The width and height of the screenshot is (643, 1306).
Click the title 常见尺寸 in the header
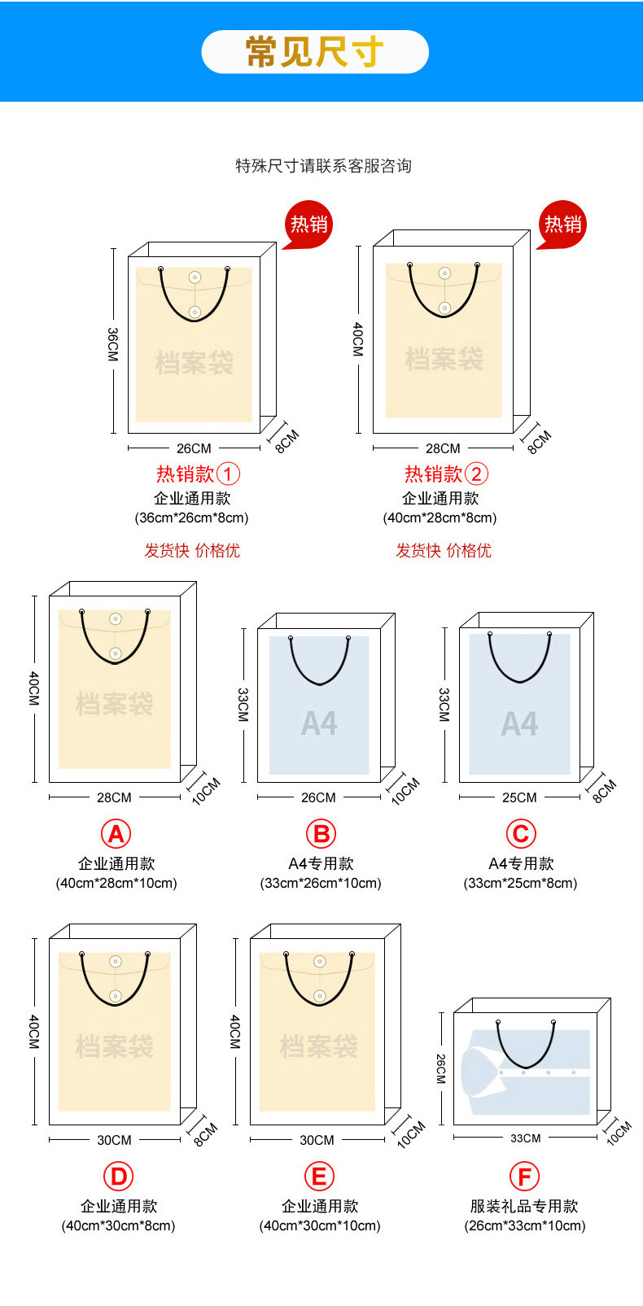click(314, 52)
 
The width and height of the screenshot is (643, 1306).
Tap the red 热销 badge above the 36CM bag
click(308, 224)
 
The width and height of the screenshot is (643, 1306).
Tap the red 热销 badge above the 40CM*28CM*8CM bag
click(562, 224)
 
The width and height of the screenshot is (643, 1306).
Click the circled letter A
click(116, 834)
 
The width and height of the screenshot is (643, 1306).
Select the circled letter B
click(321, 834)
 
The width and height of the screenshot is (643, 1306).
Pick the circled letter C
click(521, 834)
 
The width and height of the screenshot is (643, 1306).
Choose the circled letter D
click(118, 1177)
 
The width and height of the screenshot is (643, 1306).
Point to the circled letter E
click(319, 1177)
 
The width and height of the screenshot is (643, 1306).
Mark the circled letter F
click(524, 1177)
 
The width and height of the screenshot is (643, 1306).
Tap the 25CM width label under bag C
click(519, 797)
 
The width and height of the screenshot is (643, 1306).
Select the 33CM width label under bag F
click(525, 1138)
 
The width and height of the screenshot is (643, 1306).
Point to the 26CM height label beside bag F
click(440, 1068)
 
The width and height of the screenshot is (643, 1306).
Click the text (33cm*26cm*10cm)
click(321, 883)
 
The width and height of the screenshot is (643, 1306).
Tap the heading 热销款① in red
click(198, 474)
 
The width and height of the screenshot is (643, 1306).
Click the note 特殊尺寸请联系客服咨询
click(323, 166)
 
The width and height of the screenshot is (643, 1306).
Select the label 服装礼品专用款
click(524, 1206)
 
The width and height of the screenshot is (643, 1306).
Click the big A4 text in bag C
click(519, 723)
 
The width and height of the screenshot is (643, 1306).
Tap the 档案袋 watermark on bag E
click(318, 1046)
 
